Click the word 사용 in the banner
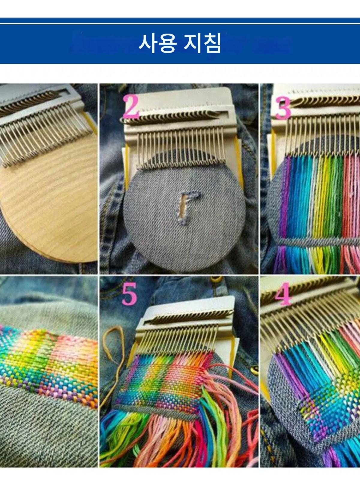pyautogui.click(x=157, y=44)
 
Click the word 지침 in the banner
pyautogui.click(x=202, y=44)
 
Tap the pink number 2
pyautogui.click(x=131, y=107)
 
